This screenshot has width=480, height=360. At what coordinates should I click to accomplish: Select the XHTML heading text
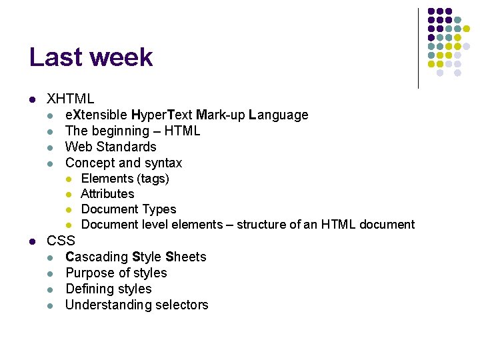point(71,99)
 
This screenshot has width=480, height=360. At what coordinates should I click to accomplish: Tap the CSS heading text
point(61,241)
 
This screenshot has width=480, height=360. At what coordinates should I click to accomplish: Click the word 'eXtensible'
point(97,115)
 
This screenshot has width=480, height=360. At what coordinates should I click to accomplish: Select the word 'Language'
point(278,115)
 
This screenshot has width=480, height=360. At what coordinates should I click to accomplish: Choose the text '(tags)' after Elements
point(153,179)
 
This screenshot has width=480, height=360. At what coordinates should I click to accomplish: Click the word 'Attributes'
point(107,194)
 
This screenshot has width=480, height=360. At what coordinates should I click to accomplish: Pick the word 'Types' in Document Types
point(159,209)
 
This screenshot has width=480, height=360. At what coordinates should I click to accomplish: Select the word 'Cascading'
point(97,257)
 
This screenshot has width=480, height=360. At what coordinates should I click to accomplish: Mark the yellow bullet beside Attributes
point(69,195)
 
